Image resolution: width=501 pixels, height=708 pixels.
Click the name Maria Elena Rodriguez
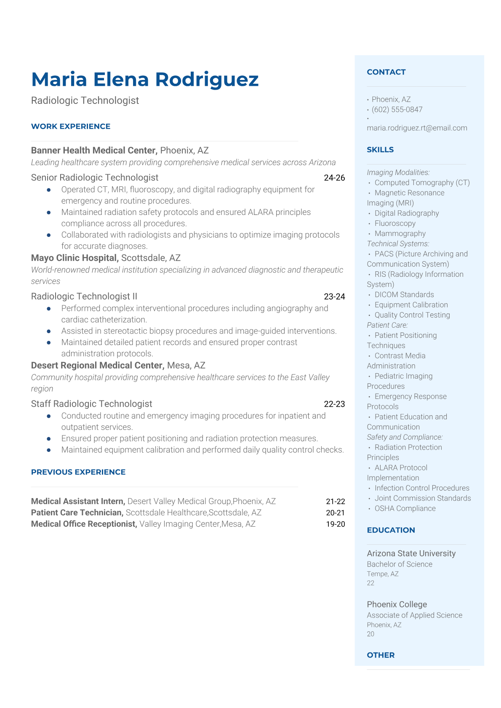tap(145, 80)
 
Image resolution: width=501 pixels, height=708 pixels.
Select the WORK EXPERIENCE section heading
tap(71, 126)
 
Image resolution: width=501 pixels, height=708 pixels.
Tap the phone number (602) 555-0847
tap(397, 109)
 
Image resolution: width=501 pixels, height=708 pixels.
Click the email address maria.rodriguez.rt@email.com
tap(417, 128)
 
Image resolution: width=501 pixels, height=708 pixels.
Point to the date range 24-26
tap(334, 178)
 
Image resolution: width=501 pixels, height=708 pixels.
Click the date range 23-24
tap(334, 297)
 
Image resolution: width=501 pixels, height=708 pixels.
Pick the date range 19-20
tap(335, 524)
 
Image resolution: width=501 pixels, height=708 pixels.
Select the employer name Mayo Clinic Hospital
tap(74, 258)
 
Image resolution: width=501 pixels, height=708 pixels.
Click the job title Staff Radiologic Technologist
tap(91, 404)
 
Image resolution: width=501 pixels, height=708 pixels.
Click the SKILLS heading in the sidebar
tap(380, 150)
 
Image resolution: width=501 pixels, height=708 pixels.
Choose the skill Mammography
tap(400, 233)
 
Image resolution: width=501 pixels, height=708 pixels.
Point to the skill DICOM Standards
tap(404, 294)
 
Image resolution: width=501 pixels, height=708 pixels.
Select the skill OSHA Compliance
tap(405, 508)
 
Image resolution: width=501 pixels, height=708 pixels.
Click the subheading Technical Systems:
tap(398, 244)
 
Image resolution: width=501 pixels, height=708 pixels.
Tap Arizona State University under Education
tap(411, 554)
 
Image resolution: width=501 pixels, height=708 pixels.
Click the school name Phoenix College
tap(397, 605)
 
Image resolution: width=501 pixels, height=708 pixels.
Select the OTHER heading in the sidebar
tap(381, 655)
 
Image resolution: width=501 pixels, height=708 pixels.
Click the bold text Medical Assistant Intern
tap(78, 501)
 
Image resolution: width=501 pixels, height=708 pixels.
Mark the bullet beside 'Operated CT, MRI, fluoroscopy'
tap(49, 190)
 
